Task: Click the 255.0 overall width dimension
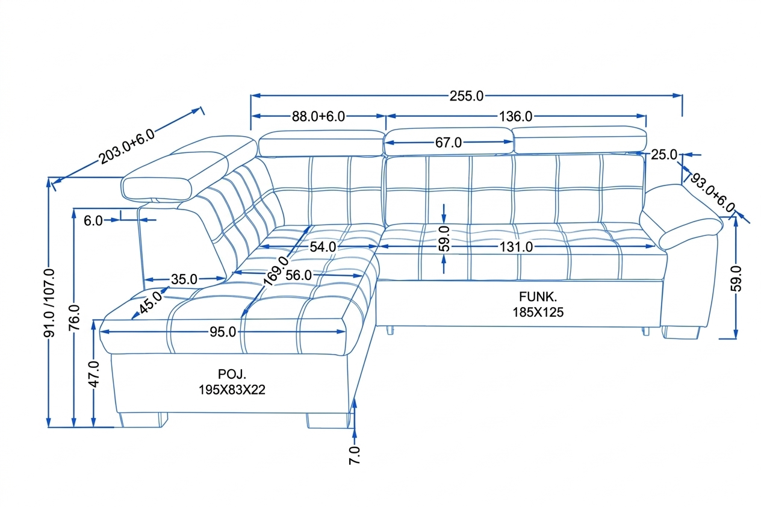(x=466, y=96)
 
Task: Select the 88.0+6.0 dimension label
(x=318, y=116)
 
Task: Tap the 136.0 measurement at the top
(x=515, y=116)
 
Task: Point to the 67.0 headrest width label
(x=448, y=143)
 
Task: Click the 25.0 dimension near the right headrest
(x=664, y=155)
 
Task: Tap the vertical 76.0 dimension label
(x=75, y=322)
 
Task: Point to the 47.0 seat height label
(x=94, y=374)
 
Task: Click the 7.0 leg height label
(x=355, y=454)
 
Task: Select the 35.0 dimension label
(x=184, y=279)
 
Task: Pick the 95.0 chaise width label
(x=222, y=332)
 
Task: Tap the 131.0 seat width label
(x=515, y=246)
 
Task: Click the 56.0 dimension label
(x=298, y=275)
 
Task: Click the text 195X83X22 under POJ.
(x=232, y=390)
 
